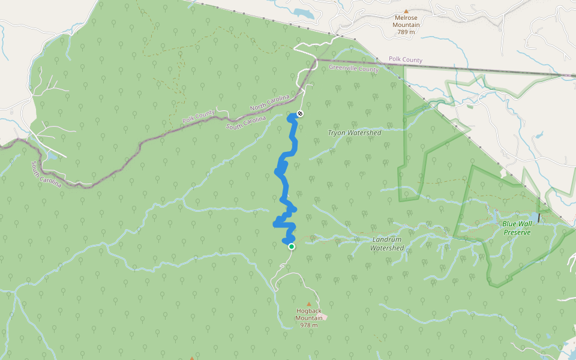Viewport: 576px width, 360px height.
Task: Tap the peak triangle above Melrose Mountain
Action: pos(406,11)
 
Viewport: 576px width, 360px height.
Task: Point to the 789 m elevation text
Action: pos(406,32)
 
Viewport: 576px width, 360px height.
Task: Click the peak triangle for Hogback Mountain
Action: pos(309,304)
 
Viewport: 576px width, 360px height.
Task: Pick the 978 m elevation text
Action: pos(309,325)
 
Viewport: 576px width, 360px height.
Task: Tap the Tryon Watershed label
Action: pos(355,133)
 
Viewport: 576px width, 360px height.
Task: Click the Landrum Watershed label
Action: pos(386,243)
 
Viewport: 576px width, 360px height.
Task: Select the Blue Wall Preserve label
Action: pos(517,228)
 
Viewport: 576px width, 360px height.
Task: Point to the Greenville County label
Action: pos(354,69)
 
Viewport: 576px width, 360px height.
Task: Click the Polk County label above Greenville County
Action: pos(406,60)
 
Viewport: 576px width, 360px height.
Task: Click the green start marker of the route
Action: pos(292,246)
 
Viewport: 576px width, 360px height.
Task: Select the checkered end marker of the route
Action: pos(301,113)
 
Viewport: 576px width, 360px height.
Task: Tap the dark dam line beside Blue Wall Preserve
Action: pos(539,218)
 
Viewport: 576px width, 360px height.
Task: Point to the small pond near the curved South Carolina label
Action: pos(52,157)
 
